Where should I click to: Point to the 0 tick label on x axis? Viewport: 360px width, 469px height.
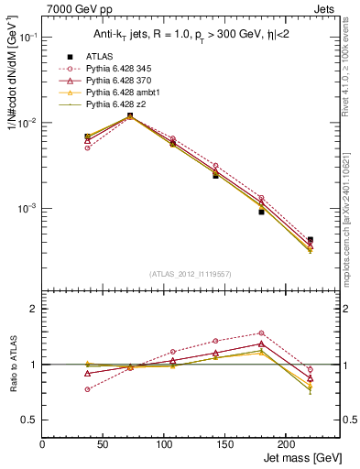(43, 445)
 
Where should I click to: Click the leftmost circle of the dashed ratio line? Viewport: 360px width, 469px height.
(61, 389)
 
